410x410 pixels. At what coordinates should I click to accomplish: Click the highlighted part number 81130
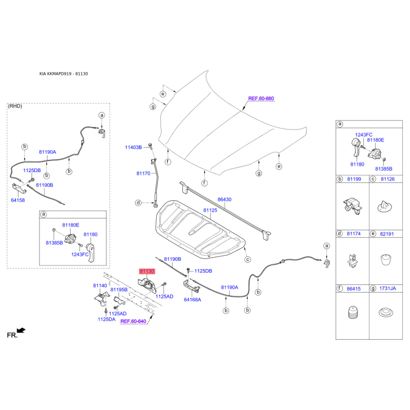tap(147, 271)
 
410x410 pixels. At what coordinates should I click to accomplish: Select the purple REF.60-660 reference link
tap(261, 98)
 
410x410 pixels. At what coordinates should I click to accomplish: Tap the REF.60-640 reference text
tap(133, 321)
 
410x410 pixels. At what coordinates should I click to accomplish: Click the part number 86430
tap(224, 199)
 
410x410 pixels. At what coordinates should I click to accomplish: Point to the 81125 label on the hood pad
tap(210, 210)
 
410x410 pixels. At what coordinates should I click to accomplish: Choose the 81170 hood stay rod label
tap(143, 173)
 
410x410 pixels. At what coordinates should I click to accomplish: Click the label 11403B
tap(133, 148)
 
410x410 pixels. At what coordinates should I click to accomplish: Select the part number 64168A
tap(193, 300)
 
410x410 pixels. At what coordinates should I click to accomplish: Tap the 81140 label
tap(100, 285)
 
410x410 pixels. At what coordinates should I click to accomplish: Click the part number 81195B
tap(119, 290)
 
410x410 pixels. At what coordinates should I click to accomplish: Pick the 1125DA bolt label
tap(107, 319)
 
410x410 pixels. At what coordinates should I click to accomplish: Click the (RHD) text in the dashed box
tap(15, 106)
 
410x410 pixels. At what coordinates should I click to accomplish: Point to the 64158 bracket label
tap(18, 200)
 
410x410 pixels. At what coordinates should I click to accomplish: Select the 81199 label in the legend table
tap(354, 179)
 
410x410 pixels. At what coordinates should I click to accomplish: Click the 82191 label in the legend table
tap(387, 234)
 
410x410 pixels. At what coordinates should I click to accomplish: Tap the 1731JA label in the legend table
tap(387, 289)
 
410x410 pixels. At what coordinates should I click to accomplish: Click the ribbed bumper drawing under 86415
tap(353, 312)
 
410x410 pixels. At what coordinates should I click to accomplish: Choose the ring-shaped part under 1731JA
tap(386, 313)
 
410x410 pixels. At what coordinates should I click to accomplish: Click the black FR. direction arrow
tap(21, 331)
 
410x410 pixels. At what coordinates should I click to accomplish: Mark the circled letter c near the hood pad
tap(248, 259)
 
